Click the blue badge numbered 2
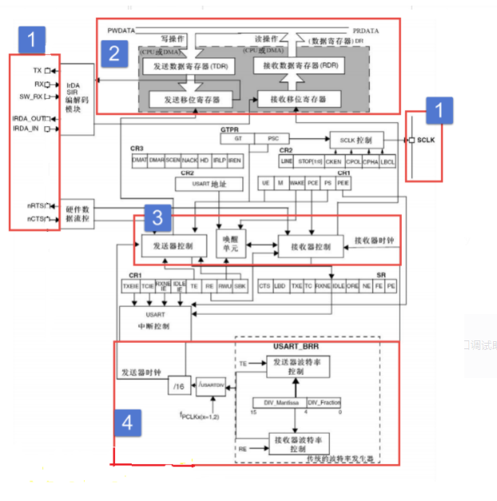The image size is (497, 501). click(x=115, y=54)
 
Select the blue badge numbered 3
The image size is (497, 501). click(x=158, y=217)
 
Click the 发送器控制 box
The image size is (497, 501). click(x=174, y=246)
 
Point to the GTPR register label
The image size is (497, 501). click(x=229, y=128)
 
